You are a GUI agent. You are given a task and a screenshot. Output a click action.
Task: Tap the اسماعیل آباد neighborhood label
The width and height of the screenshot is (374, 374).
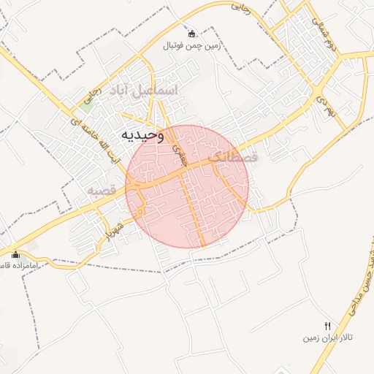(143, 91)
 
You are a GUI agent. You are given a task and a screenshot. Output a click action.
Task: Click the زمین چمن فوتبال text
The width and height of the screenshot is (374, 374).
(191, 45)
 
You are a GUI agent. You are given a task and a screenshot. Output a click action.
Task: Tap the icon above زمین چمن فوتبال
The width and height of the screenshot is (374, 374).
(191, 34)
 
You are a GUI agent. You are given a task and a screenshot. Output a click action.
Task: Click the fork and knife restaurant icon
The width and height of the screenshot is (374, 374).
(328, 326)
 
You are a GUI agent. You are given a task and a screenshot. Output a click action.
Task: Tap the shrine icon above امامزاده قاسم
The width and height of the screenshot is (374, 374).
(15, 254)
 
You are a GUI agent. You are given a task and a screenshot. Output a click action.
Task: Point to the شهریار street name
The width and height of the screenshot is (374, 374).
(118, 228)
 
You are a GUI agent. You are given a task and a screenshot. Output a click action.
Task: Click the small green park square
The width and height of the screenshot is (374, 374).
(88, 104)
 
